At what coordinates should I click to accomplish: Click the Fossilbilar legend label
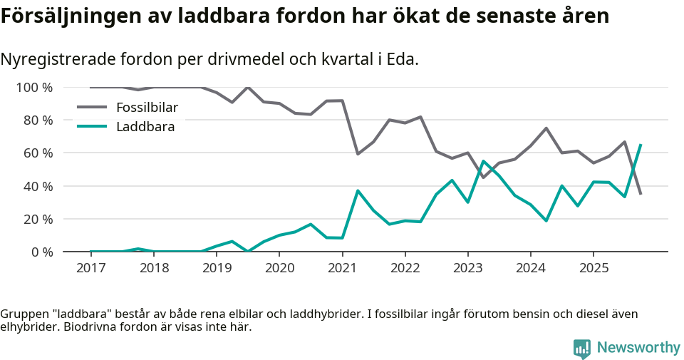click(147, 108)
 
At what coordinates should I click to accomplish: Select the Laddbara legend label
click(145, 127)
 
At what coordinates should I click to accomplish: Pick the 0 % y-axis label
click(41, 252)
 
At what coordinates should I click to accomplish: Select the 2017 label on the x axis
click(90, 269)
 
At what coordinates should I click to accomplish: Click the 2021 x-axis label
click(342, 269)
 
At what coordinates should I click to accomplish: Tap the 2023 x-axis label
click(467, 269)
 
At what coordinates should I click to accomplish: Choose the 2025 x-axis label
click(593, 269)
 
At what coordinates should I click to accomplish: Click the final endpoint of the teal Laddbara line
click(641, 145)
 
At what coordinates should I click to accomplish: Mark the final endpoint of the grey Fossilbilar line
click(641, 194)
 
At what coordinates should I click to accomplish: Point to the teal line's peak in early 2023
click(483, 161)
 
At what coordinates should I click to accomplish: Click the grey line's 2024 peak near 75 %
click(546, 128)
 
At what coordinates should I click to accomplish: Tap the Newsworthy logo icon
click(582, 348)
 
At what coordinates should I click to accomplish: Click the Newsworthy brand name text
click(638, 348)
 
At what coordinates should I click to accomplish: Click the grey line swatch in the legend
click(91, 108)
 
